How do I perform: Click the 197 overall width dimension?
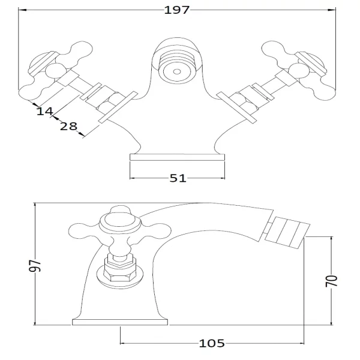(177, 10)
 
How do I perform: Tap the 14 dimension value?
(45, 112)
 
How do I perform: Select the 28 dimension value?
(68, 127)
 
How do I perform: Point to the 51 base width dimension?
(178, 178)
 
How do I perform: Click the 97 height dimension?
(35, 266)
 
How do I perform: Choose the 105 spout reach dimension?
(212, 343)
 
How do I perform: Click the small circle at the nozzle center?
(177, 71)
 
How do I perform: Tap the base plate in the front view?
(177, 157)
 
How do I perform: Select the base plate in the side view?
(120, 322)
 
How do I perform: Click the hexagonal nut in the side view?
(119, 269)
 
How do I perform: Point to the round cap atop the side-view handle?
(119, 221)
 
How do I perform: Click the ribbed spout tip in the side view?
(287, 232)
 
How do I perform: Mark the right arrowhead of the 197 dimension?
(332, 10)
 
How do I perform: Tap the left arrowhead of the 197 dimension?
(22, 10)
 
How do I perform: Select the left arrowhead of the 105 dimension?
(124, 343)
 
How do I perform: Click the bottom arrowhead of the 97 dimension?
(35, 321)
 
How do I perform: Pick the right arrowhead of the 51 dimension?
(221, 178)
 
